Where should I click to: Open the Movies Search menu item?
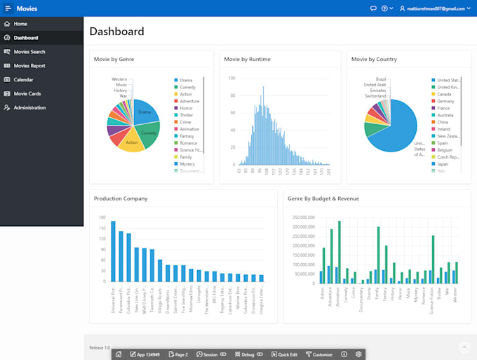point(29,52)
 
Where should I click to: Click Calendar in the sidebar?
point(23,80)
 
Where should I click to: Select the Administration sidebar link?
point(29,108)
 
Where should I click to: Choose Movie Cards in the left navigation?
point(27,94)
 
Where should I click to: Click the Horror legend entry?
point(186,108)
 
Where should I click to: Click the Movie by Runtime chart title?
point(247,60)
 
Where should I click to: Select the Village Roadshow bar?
point(159,271)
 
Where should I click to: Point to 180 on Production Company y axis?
point(102,218)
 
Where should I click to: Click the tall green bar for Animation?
point(340,252)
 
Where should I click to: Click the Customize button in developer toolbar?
point(318,354)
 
